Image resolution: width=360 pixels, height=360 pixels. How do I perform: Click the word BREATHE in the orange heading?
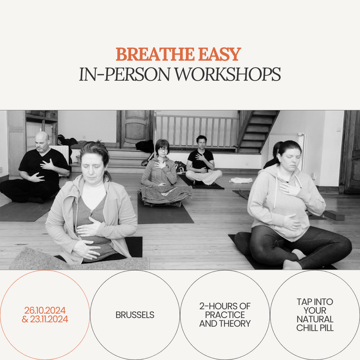point(155,54)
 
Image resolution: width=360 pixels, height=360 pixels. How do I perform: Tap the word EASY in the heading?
point(220,54)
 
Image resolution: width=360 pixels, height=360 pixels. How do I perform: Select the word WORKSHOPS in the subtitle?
point(228,74)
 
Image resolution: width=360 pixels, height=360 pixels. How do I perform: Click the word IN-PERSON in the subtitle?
point(125,74)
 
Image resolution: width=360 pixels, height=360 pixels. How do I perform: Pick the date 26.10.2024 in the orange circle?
point(45,310)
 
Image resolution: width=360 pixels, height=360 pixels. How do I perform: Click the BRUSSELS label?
point(135,315)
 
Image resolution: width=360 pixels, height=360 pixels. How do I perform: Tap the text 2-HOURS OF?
point(225,306)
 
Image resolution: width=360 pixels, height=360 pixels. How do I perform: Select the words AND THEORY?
point(225,324)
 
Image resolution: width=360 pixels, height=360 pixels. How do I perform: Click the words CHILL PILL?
point(315,328)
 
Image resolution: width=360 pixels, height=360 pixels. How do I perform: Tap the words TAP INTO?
point(315,301)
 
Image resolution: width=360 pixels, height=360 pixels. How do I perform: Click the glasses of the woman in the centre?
point(163,150)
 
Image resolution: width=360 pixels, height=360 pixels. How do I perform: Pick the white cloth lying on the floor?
point(241,180)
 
